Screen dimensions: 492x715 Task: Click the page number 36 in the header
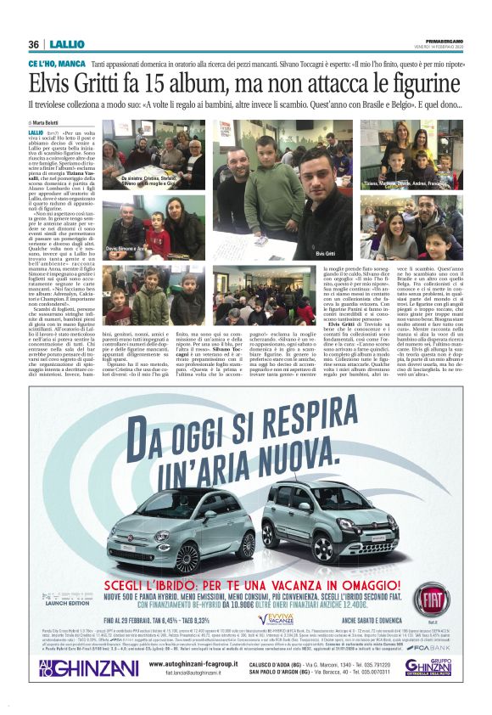point(34,44)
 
